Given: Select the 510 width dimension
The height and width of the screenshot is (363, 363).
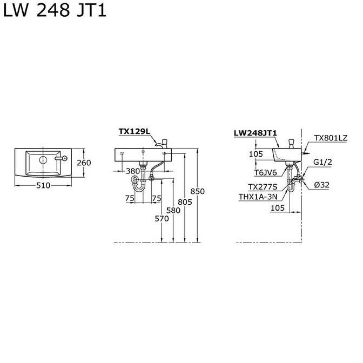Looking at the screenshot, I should (43, 185).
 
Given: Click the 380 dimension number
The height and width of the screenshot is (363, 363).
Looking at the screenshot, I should (133, 171).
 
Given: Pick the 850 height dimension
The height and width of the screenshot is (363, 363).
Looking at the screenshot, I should (198, 191).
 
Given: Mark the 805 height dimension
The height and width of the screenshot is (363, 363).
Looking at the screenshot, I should (185, 202).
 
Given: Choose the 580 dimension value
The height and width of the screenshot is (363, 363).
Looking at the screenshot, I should (173, 210).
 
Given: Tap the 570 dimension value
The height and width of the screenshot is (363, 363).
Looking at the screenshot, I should (162, 218).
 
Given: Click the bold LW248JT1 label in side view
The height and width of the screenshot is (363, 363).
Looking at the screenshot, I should (256, 132).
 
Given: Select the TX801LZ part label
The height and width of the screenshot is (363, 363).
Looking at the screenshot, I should (331, 138).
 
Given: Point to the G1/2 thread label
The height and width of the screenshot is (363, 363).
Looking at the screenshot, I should (322, 162).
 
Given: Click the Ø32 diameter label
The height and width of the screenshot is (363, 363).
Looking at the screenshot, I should (322, 185).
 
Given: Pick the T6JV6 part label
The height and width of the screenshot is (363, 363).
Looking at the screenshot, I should (266, 173).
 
